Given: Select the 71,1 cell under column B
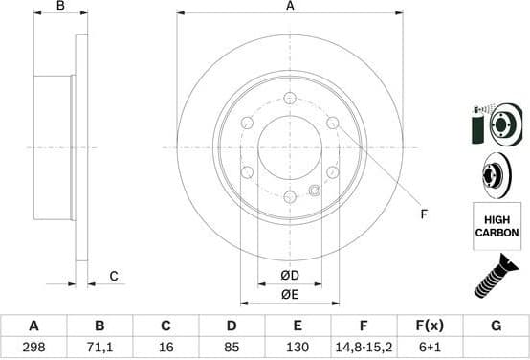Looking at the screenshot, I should tap(99, 348).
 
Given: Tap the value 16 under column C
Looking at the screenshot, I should tap(166, 348).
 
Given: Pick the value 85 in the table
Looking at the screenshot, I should tap(232, 348).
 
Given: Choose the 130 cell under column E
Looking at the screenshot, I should tap(298, 348).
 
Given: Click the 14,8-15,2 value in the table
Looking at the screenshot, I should tap(364, 348).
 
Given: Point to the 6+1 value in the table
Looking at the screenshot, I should tap(430, 348).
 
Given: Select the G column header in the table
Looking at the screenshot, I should tap(496, 326).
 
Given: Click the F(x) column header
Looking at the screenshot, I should tap(430, 326).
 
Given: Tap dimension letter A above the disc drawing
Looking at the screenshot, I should tap(290, 7).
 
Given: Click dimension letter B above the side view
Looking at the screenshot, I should tap(60, 7).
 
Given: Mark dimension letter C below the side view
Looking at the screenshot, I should tap(112, 277).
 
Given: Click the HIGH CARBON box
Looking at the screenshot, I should tap(497, 226).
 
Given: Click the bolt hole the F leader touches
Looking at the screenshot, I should tap(332, 124).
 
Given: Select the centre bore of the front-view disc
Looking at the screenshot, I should tap(289, 147).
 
